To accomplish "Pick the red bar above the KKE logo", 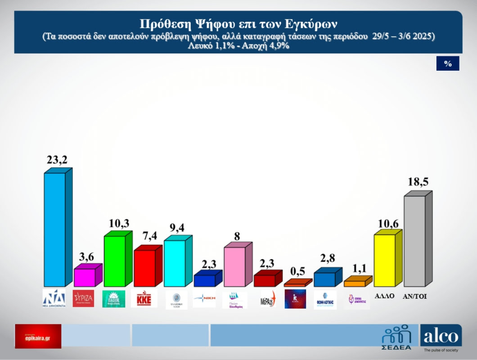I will tap(144, 268).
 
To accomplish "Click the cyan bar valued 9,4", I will tap(175, 263).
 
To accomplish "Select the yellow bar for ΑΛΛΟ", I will tap(385, 260).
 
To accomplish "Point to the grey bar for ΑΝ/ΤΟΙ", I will tap(414, 241).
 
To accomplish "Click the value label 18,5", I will tap(418, 182).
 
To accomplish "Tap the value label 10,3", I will tap(118, 223).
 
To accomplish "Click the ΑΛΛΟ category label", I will tap(385, 296).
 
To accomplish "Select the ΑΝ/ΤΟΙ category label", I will tap(414, 297).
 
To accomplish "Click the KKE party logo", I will tap(144, 299).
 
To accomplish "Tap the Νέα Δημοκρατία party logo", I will tap(54, 298).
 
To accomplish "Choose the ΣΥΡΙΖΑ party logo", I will tap(83, 299).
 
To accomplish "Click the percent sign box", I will tap(448, 63).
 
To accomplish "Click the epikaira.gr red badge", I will tap(38, 336).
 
